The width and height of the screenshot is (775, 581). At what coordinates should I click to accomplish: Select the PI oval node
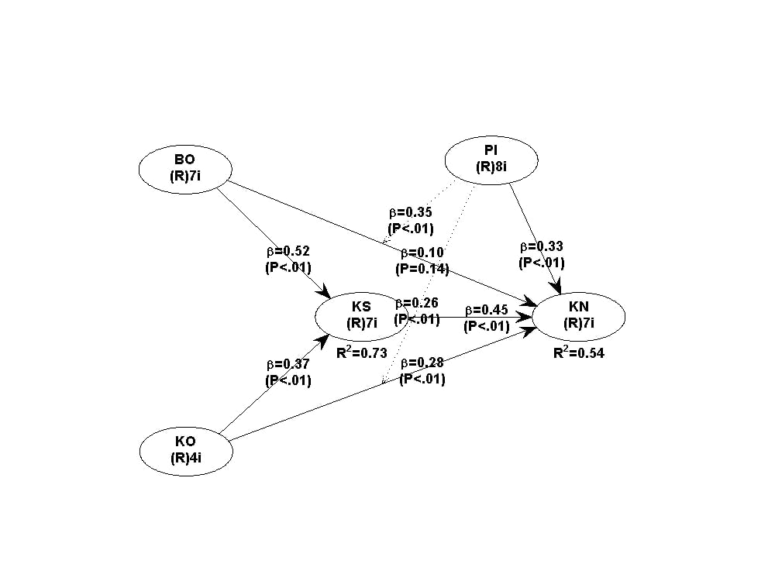pyautogui.click(x=491, y=160)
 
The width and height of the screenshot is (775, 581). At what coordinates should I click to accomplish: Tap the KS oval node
pyautogui.click(x=361, y=315)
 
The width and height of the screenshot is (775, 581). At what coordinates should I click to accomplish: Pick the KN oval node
pyautogui.click(x=578, y=315)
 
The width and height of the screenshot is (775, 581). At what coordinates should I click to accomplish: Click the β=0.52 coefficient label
pyautogui.click(x=288, y=252)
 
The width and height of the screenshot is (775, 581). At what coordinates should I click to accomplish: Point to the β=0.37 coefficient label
pyautogui.click(x=288, y=365)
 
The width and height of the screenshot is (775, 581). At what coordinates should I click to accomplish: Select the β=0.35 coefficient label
pyautogui.click(x=410, y=212)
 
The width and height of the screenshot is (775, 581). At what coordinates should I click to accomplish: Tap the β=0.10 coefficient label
pyautogui.click(x=422, y=253)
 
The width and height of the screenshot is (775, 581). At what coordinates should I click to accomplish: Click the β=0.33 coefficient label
pyautogui.click(x=542, y=247)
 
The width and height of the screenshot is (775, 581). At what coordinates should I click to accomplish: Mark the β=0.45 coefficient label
pyautogui.click(x=487, y=311)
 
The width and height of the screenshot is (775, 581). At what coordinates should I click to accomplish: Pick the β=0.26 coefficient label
pyautogui.click(x=417, y=303)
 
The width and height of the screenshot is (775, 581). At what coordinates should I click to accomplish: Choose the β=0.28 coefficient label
pyautogui.click(x=422, y=363)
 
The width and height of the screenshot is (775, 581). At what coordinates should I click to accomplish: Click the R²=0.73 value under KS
pyautogui.click(x=362, y=352)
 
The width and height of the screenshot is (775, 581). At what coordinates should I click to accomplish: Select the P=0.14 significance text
pyautogui.click(x=422, y=269)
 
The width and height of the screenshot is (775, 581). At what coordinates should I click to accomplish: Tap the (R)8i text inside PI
pyautogui.click(x=491, y=168)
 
